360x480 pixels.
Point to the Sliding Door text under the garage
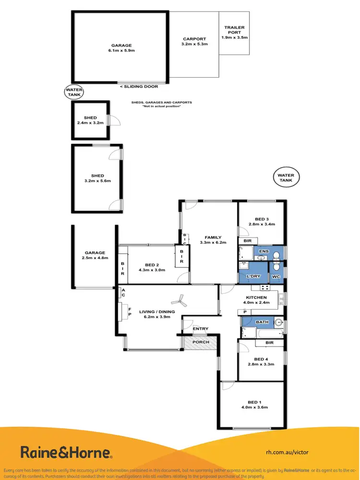point(139,86)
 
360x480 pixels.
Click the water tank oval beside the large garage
point(74,92)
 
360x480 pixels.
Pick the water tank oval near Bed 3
point(286,178)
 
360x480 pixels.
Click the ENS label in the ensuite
point(264,251)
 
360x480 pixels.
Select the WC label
point(276,277)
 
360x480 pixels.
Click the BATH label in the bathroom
point(262,322)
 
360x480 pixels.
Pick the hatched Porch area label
point(201,342)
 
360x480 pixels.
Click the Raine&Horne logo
point(66,452)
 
